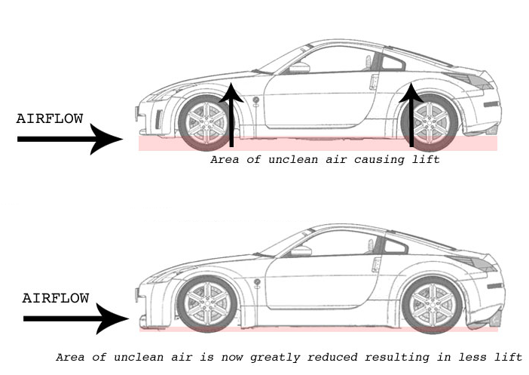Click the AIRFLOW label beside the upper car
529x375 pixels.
[x=50, y=118]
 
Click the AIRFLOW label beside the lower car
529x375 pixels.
[x=56, y=298]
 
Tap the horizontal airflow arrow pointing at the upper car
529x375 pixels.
[x=70, y=139]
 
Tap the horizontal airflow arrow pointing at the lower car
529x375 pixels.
[x=76, y=318]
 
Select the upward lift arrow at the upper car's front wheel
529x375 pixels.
[x=231, y=115]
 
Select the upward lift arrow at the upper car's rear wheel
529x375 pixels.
[x=411, y=115]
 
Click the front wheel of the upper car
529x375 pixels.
[x=206, y=122]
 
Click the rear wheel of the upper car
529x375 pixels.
[x=430, y=122]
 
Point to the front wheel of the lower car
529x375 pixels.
[x=206, y=304]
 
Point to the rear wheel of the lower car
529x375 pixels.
[x=433, y=304]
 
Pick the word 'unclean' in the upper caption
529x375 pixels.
[x=293, y=159]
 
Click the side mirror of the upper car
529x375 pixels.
[x=299, y=68]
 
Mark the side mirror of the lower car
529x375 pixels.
[x=301, y=251]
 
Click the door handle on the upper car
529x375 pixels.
[x=374, y=82]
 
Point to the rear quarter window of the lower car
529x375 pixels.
[x=396, y=246]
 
